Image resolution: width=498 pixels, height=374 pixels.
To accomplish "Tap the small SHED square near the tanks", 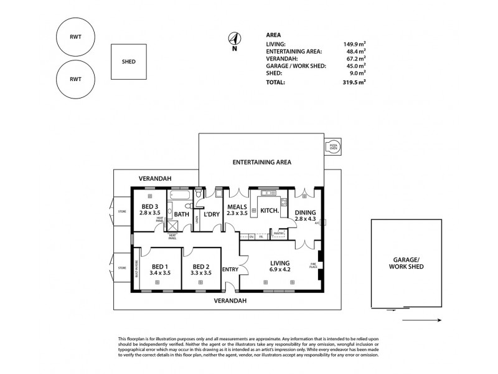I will pyautogui.click(x=128, y=62).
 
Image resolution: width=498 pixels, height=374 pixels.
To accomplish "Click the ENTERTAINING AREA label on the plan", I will pyautogui.click(x=261, y=162).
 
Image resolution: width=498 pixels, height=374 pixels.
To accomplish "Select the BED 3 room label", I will pyautogui.click(x=150, y=210).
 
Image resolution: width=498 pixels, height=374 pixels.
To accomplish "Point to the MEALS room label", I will pyautogui.click(x=237, y=210).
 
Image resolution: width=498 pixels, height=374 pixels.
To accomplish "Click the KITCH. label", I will pyautogui.click(x=268, y=211).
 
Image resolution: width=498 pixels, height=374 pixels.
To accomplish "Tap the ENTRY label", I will pyautogui.click(x=230, y=269).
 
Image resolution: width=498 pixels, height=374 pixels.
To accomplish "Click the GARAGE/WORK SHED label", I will pyautogui.click(x=410, y=262).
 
